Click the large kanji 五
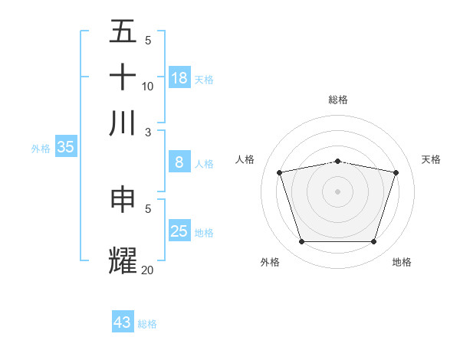tap(123, 31)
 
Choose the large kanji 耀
tap(123, 260)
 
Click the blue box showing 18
tap(179, 77)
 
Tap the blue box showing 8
tap(179, 162)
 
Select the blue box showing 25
tap(179, 231)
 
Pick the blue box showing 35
tap(65, 147)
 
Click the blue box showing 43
tap(123, 322)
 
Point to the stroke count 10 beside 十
tap(148, 86)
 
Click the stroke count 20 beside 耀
tap(148, 269)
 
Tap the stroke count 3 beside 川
tap(148, 131)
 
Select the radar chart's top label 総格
tap(338, 100)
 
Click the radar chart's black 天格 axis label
tap(431, 159)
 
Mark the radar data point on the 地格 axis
tap(374, 242)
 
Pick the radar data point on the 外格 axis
tap(301, 242)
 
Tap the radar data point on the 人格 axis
tap(279, 172)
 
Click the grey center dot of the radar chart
tap(338, 191)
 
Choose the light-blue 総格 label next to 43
tap(147, 324)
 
